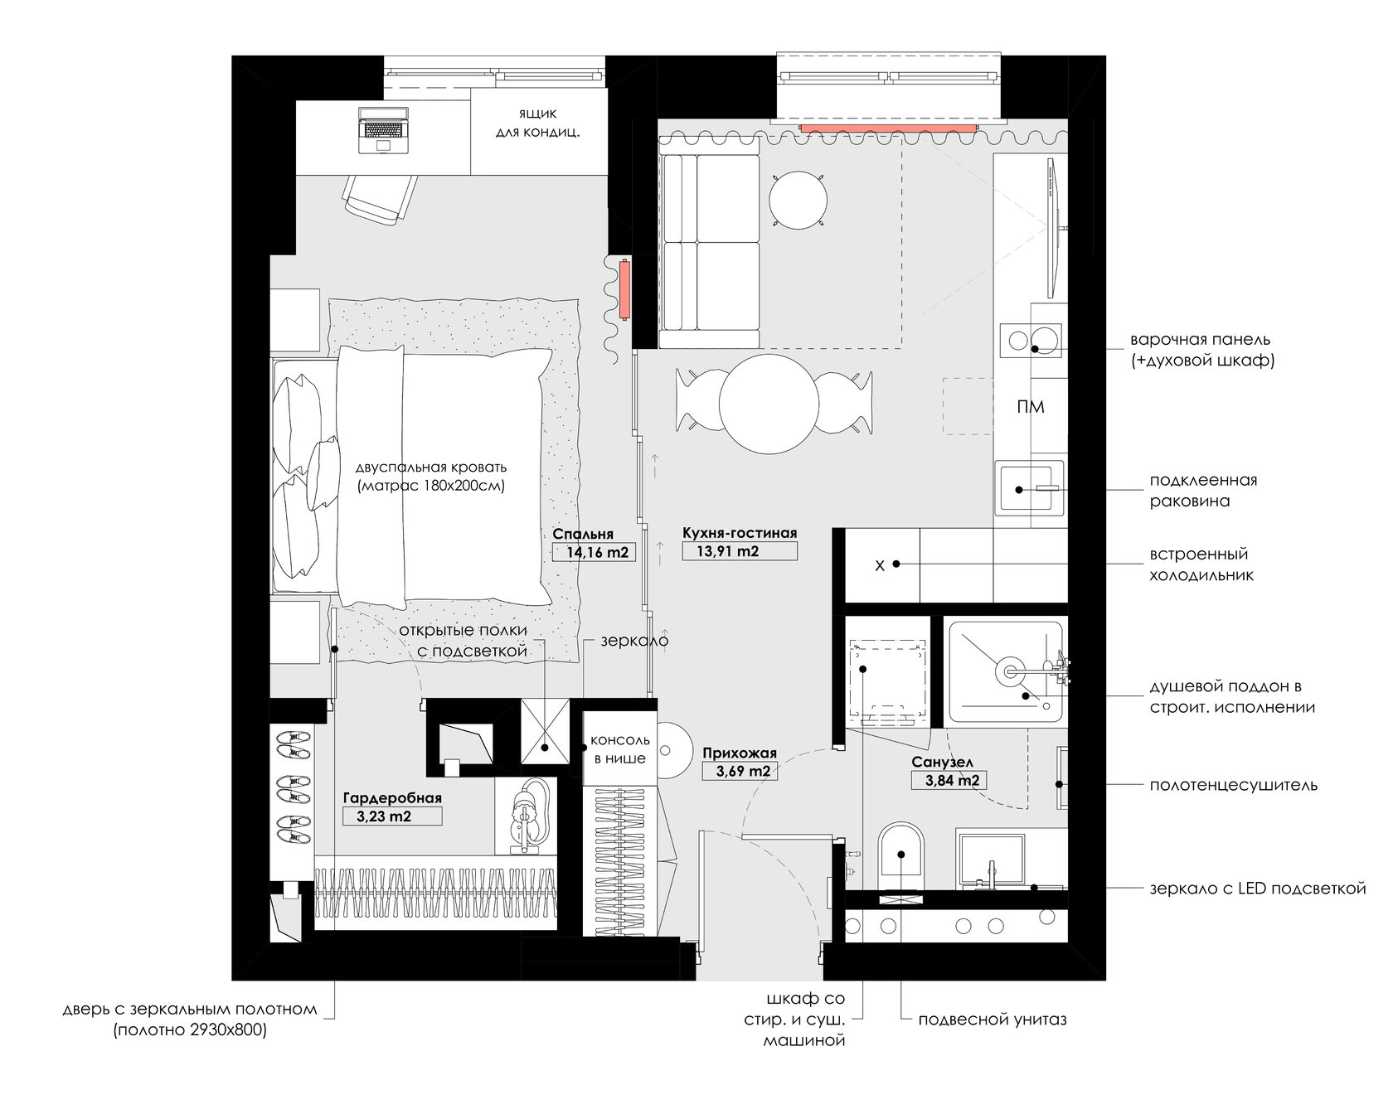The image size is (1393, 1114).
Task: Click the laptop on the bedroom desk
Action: (384, 130)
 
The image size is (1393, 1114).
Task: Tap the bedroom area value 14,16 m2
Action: (593, 553)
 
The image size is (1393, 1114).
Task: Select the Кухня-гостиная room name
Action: (740, 533)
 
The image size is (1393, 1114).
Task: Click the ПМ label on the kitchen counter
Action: (1030, 407)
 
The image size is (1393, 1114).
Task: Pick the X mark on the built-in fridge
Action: (880, 566)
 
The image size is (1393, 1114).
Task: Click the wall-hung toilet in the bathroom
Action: (900, 855)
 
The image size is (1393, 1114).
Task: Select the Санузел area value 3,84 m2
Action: (946, 780)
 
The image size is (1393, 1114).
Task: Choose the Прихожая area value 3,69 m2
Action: (737, 772)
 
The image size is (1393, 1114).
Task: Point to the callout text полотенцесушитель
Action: (1233, 785)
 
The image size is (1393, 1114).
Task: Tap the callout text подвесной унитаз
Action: (993, 1020)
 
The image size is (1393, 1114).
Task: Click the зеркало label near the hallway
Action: (634, 641)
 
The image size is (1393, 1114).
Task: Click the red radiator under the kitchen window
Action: (889, 128)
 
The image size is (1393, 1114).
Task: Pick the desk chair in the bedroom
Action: (381, 199)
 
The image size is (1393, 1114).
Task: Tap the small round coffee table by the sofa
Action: (798, 200)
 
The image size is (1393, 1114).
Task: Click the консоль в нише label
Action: (619, 749)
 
